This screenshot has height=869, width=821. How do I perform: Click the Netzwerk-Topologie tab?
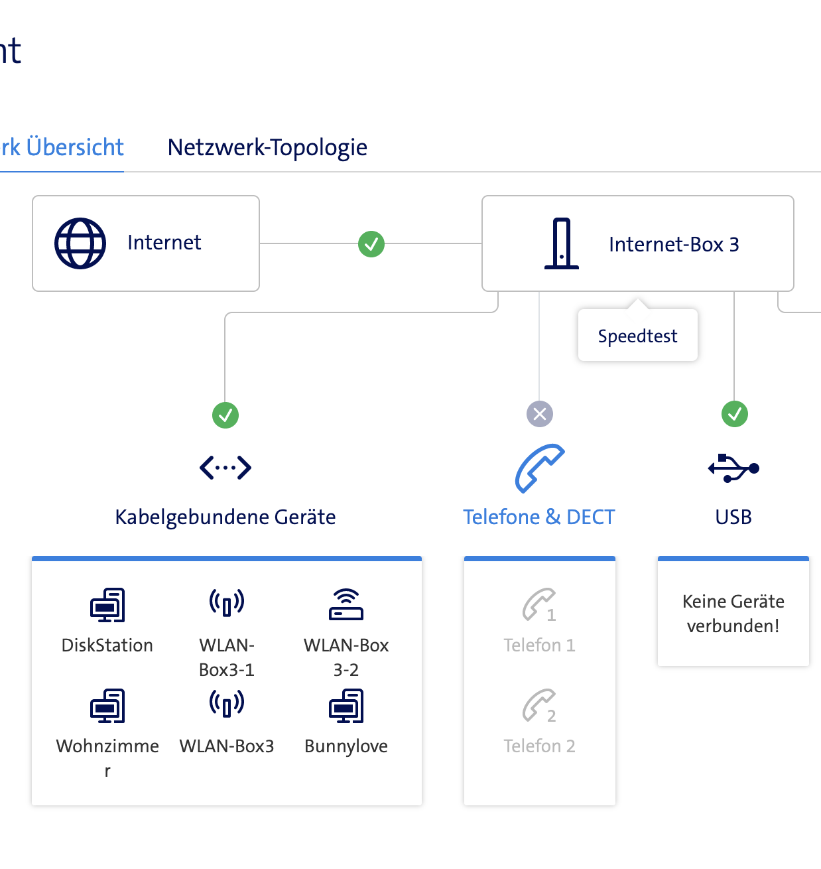(x=267, y=147)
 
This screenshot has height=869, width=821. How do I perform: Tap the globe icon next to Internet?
(x=80, y=243)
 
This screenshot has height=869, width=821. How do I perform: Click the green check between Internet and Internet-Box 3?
(x=371, y=244)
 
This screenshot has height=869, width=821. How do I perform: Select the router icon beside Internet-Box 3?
(x=562, y=243)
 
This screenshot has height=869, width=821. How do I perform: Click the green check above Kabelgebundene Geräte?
(x=225, y=415)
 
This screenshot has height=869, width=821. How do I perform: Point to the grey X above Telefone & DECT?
(x=540, y=414)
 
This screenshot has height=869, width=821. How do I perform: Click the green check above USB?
(x=734, y=414)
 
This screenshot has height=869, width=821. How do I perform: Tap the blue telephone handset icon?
(x=540, y=468)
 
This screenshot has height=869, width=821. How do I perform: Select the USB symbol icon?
(x=733, y=468)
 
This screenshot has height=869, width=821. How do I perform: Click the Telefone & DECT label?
(x=538, y=517)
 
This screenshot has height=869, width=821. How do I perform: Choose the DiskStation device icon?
(x=107, y=604)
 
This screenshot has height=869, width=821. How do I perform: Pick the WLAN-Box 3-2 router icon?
(x=346, y=604)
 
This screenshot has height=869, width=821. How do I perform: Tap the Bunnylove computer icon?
(x=346, y=705)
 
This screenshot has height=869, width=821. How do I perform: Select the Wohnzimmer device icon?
(x=107, y=705)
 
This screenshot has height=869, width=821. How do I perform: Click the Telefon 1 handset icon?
(x=539, y=604)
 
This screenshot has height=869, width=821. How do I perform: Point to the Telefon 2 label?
(x=539, y=746)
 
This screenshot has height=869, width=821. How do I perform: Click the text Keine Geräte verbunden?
(x=733, y=614)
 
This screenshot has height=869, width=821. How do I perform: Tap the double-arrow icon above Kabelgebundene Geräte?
(x=225, y=468)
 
